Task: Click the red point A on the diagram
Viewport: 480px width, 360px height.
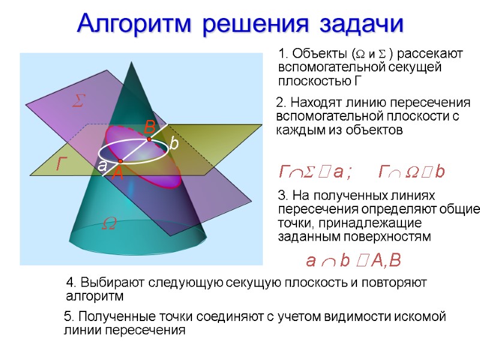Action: pyautogui.click(x=120, y=161)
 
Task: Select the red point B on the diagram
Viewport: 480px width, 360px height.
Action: pyautogui.click(x=149, y=139)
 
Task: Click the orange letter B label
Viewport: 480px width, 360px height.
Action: pyautogui.click(x=150, y=127)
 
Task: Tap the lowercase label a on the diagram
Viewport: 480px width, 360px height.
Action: pyautogui.click(x=102, y=166)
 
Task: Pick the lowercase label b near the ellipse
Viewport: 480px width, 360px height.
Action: pyautogui.click(x=173, y=144)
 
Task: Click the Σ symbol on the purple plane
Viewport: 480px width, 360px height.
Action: pyautogui.click(x=77, y=102)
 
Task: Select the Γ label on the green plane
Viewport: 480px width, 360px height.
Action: pyautogui.click(x=62, y=163)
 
